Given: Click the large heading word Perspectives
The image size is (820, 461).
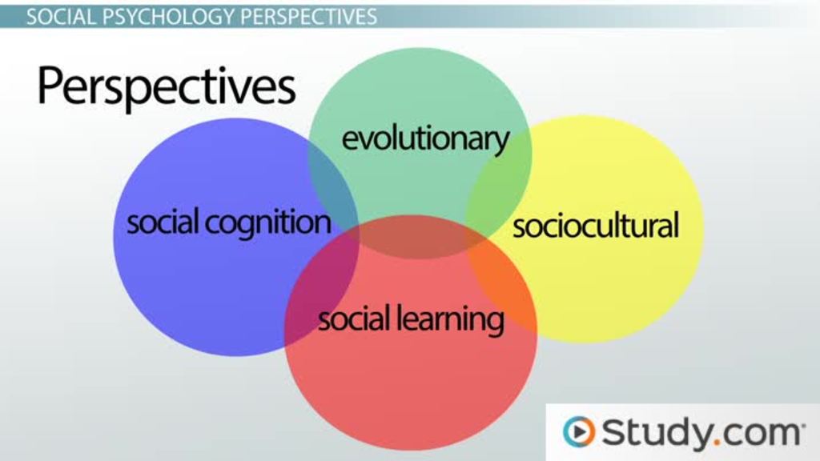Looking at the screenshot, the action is click(167, 86).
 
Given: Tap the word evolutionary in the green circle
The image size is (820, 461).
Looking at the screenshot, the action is click(425, 139).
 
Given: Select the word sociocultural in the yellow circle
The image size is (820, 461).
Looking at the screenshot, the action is click(595, 226).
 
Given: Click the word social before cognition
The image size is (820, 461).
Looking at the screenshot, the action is click(163, 222).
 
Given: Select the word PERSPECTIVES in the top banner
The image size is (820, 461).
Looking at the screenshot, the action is click(308, 17).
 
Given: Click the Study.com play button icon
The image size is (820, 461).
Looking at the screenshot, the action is click(579, 431).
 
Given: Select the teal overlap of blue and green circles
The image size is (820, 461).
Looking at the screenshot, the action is click(332, 189).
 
